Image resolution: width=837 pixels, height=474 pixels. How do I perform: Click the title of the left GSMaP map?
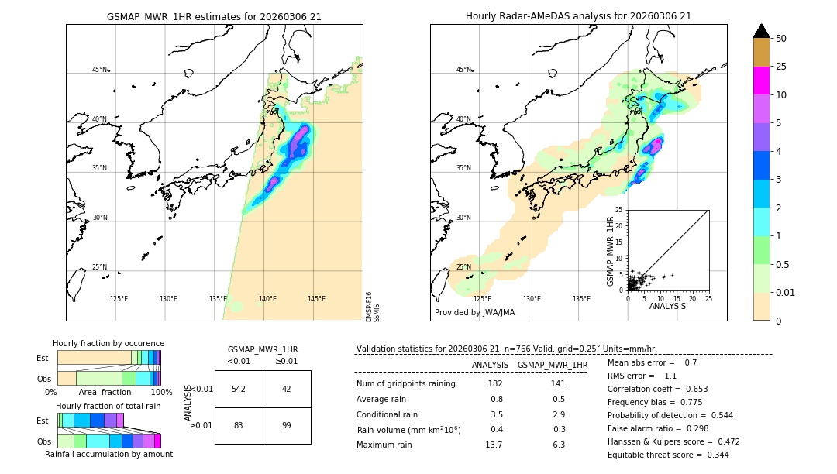[214, 16]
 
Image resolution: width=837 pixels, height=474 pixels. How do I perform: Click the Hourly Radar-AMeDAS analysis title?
[578, 16]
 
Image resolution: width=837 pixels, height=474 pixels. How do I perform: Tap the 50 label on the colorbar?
[781, 39]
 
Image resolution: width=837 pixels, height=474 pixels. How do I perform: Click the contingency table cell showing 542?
[239, 389]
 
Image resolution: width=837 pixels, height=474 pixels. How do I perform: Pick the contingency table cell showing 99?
[287, 425]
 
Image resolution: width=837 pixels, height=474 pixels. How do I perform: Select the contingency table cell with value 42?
[287, 389]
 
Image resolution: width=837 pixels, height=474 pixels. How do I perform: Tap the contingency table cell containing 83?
[239, 425]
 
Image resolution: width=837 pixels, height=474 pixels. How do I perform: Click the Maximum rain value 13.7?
[494, 445]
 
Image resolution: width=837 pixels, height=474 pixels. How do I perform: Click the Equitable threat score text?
[668, 455]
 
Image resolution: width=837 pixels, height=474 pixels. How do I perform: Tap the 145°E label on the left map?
[316, 299]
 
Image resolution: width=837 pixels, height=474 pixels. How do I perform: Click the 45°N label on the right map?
[463, 70]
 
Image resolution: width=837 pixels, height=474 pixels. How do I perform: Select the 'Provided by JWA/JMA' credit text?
[474, 312]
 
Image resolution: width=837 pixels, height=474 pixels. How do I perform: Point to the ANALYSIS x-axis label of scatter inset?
[667, 306]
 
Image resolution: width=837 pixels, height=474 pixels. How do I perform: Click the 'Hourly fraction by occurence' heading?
[108, 343]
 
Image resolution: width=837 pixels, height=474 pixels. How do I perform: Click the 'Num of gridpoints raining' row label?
[406, 384]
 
